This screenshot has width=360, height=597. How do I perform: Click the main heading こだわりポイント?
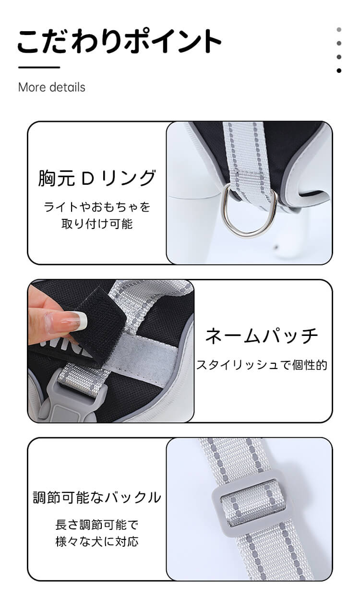point(119,41)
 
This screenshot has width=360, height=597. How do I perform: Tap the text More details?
point(51,87)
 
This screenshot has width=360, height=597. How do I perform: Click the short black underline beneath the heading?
point(39,68)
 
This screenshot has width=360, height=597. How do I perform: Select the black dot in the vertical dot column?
point(339,71)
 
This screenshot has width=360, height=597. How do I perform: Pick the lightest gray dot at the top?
point(339,30)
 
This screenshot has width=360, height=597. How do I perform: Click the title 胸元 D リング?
point(97,178)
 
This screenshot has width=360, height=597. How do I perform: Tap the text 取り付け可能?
point(97,224)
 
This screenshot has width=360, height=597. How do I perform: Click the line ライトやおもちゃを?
point(97,207)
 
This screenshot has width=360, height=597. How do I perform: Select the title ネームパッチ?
point(262,335)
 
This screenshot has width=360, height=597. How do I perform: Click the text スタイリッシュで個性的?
point(262,365)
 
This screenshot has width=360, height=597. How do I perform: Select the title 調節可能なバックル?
point(97,497)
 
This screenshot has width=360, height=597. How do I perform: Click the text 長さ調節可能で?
point(97,525)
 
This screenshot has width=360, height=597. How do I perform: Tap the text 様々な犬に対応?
point(97,541)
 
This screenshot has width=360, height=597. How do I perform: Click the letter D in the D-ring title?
point(87,179)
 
